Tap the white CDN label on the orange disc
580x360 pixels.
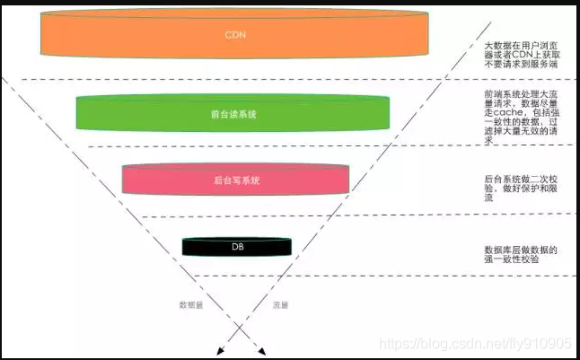click(x=234, y=35)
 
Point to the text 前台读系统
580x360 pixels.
click(x=233, y=114)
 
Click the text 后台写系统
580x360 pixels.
click(x=236, y=180)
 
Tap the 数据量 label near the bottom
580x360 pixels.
click(x=191, y=305)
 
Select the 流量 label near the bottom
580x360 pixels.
click(x=280, y=305)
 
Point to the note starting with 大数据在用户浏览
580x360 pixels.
click(x=522, y=55)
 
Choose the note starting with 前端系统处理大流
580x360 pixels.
click(x=522, y=117)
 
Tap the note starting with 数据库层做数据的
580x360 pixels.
click(x=522, y=254)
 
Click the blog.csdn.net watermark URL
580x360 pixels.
click(x=476, y=343)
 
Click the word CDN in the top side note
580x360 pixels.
click(x=518, y=55)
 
